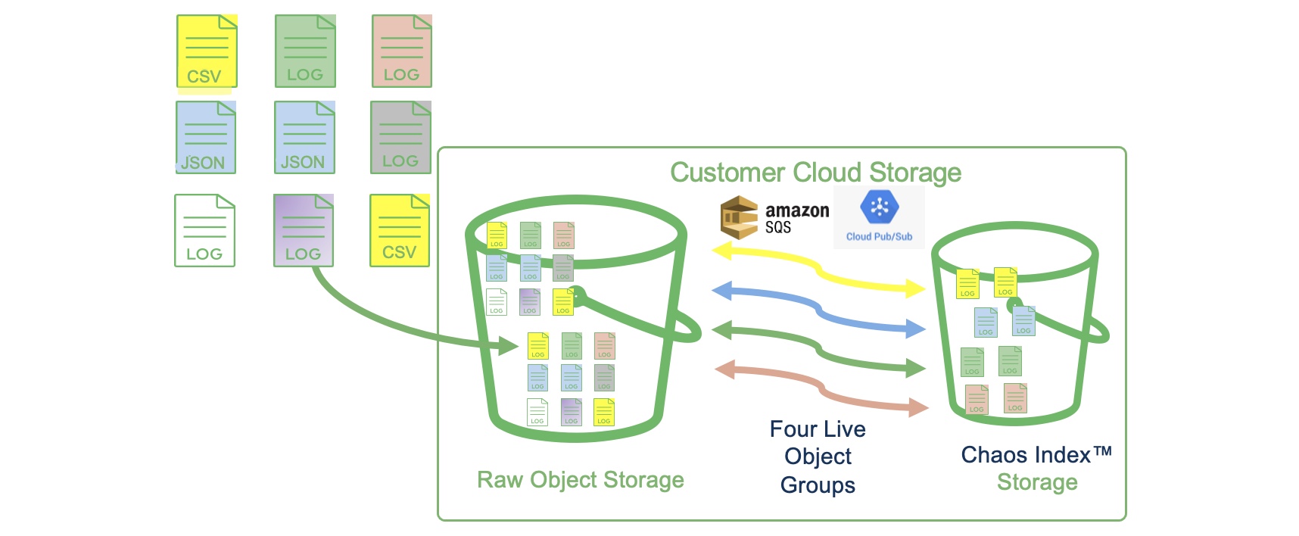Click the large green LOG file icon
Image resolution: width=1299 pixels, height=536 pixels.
[x=305, y=51]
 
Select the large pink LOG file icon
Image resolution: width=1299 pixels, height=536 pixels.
[x=402, y=51]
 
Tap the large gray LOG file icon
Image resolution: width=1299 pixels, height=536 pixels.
[x=400, y=138]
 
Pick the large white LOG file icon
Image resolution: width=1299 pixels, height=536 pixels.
[x=204, y=231]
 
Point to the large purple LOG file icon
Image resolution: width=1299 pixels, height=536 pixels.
[x=304, y=231]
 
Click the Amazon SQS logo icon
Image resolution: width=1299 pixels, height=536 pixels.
[x=739, y=217]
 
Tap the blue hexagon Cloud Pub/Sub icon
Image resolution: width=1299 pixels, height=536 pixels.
[x=880, y=207]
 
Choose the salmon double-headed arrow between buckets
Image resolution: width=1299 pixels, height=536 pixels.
[x=821, y=389]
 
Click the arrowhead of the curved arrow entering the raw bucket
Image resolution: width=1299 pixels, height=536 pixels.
[x=508, y=347]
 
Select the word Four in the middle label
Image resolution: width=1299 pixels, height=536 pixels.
[x=791, y=429]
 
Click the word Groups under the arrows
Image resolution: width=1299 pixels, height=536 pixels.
[x=818, y=485]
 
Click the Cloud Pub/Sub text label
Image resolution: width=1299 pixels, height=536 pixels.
[x=879, y=236]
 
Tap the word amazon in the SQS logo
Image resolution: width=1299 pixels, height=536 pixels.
[x=797, y=210]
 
